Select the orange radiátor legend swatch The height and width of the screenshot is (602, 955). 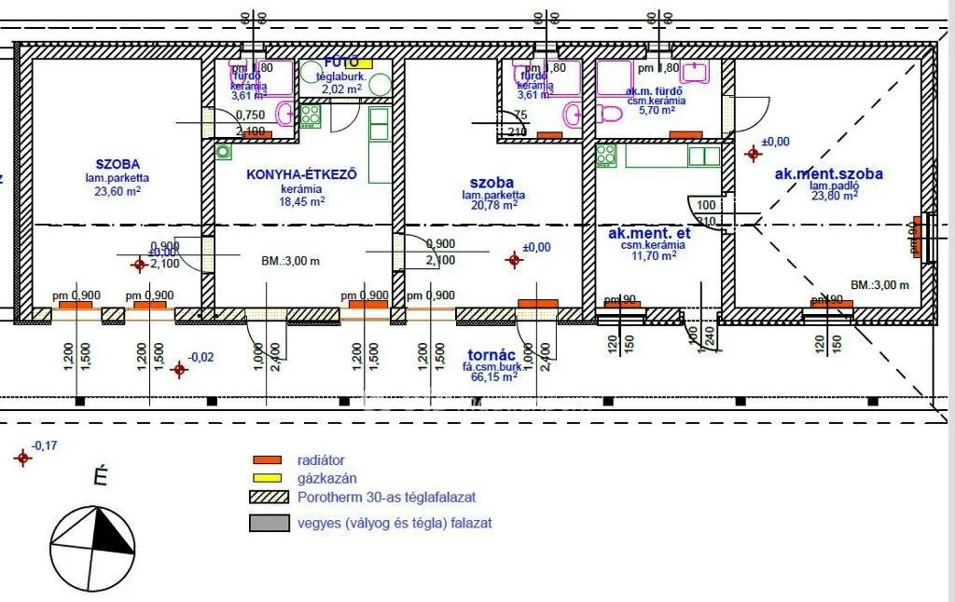[268, 459]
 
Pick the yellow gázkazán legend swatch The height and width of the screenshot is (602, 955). [268, 478]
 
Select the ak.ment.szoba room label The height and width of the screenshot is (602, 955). [828, 173]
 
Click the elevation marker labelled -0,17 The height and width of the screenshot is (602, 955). [21, 458]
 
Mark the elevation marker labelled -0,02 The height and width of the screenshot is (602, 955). [180, 369]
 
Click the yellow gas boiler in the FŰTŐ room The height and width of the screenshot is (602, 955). [361, 63]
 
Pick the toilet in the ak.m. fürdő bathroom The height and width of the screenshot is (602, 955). [609, 116]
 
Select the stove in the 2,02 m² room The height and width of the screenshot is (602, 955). [310, 116]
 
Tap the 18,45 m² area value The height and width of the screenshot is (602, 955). [302, 200]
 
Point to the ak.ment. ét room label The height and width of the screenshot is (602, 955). [649, 234]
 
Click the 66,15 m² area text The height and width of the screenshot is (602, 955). [491, 377]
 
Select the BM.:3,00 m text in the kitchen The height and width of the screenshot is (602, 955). [290, 262]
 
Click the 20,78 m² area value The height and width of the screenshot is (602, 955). [493, 206]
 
